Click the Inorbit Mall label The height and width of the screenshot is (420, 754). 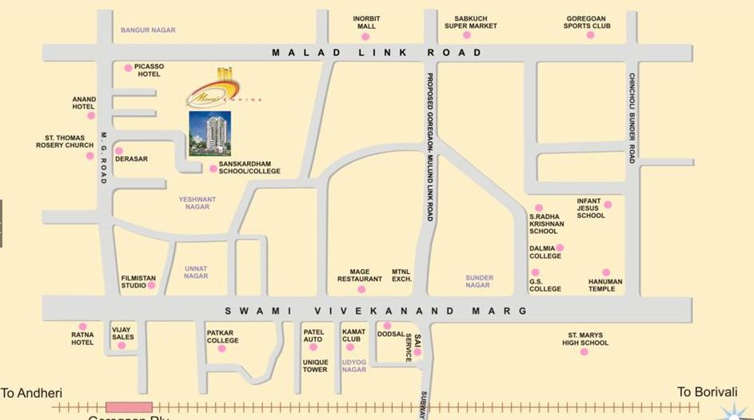point(366,22)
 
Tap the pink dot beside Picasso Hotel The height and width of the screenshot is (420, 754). point(128,68)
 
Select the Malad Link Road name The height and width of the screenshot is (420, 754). point(377,53)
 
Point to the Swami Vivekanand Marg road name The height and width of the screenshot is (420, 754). point(376,311)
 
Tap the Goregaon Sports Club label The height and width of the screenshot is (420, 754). point(587,22)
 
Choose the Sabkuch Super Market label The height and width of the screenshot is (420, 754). point(470,22)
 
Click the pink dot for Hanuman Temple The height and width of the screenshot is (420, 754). point(606,272)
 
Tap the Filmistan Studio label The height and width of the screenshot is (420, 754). point(138,282)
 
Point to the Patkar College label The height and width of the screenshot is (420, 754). point(222,336)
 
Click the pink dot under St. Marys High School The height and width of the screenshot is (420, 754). point(584,351)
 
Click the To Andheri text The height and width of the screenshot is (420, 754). point(32,393)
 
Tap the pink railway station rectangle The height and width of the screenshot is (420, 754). point(129,408)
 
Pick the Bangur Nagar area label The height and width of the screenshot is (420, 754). point(148,30)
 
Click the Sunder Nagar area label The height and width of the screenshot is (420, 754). point(479,281)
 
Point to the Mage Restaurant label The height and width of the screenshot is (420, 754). point(360,275)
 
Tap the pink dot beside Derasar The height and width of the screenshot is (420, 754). point(119,150)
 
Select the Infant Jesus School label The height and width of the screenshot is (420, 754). point(591,208)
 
